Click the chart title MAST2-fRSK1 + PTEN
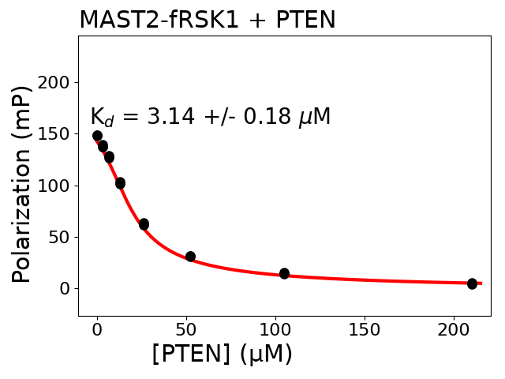tap(207, 20)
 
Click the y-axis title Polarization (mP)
tap(23, 183)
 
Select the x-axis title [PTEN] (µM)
tap(222, 354)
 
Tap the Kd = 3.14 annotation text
tap(210, 118)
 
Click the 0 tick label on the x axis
tap(97, 328)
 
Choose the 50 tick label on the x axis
tap(186, 328)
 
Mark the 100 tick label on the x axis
tap(275, 328)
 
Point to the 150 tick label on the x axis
tap(365, 328)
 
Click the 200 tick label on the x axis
tap(454, 328)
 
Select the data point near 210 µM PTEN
tap(472, 283)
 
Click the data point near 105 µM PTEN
tap(284, 273)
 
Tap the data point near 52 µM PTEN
tap(190, 257)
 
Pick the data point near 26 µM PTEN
tap(144, 224)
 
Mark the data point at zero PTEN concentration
tap(97, 136)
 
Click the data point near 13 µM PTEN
tap(120, 183)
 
